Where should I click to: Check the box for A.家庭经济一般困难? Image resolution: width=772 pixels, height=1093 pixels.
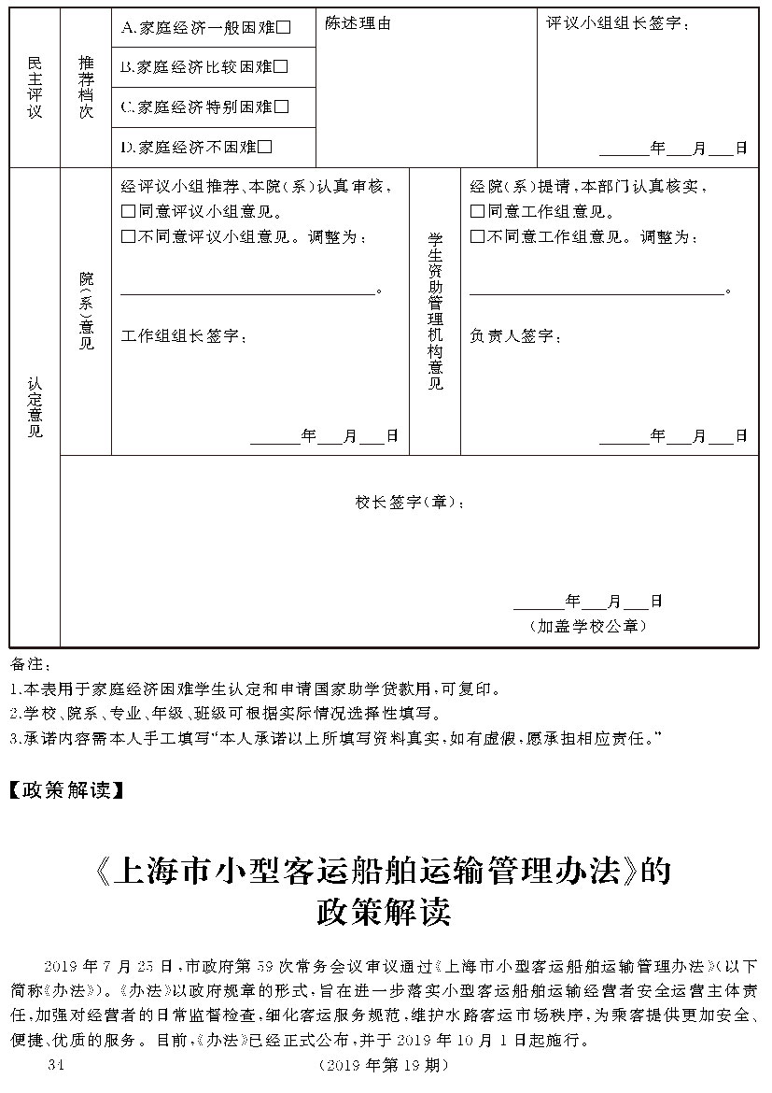[284, 28]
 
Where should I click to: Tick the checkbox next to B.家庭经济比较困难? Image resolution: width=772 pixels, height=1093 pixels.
[281, 67]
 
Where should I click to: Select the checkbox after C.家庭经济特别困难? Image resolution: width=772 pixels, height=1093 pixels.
[282, 106]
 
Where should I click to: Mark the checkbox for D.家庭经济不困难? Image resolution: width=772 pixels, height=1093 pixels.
[265, 147]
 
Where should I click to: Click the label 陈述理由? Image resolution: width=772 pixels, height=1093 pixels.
[358, 24]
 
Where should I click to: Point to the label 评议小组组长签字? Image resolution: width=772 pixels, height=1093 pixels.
[617, 24]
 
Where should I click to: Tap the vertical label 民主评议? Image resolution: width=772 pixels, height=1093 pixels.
[35, 87]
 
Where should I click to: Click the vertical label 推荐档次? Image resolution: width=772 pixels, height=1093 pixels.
[86, 87]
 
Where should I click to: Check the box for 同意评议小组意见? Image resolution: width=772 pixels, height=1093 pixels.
[129, 212]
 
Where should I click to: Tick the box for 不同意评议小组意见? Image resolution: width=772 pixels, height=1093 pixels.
[129, 237]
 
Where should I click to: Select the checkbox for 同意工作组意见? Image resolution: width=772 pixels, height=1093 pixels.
[477, 212]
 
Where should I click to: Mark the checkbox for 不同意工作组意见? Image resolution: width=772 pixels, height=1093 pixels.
[477, 237]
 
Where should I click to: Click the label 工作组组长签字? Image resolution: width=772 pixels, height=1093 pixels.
[184, 336]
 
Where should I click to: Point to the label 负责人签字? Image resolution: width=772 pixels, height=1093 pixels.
[515, 336]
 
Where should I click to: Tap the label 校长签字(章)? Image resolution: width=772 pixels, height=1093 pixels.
[408, 503]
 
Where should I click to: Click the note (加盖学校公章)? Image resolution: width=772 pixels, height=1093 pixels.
[587, 626]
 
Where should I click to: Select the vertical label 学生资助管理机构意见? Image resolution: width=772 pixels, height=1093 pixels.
[435, 310]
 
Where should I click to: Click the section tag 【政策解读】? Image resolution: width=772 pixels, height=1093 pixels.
[65, 790]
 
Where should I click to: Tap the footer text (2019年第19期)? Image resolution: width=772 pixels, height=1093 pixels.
[384, 1066]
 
